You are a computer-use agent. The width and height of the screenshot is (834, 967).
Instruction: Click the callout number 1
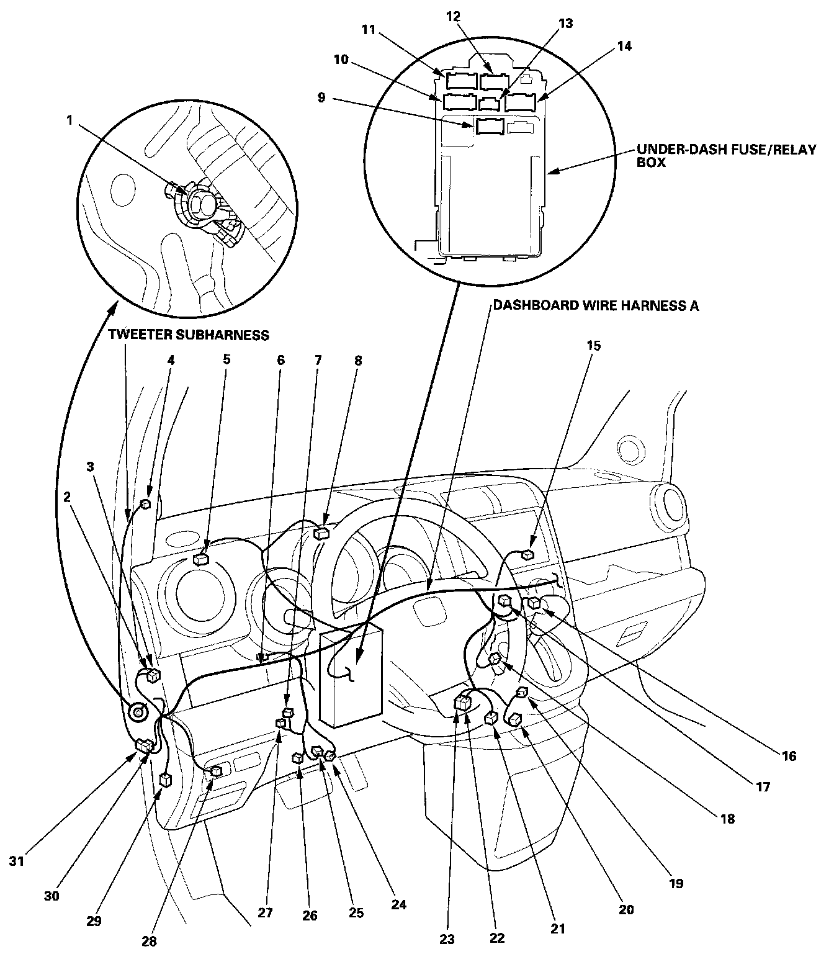(69, 120)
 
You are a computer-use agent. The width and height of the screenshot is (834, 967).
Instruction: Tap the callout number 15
(594, 345)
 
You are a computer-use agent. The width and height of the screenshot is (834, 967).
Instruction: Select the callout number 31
(17, 861)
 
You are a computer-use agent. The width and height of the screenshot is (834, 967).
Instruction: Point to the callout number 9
(321, 98)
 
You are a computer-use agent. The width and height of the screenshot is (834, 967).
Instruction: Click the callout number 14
(624, 46)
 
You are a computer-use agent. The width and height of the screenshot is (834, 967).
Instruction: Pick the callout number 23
(447, 939)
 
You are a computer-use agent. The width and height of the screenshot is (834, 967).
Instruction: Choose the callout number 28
(149, 942)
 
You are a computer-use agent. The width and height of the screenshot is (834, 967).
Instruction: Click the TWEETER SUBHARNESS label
(189, 335)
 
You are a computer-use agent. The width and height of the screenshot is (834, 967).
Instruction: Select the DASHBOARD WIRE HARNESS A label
(596, 305)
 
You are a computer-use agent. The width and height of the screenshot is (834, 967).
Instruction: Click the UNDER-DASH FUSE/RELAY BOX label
(727, 156)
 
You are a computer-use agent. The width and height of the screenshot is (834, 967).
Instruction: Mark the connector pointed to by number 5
(200, 559)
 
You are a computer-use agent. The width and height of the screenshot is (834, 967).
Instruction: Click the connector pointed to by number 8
(321, 533)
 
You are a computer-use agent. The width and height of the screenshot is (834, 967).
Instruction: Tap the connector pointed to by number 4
(145, 504)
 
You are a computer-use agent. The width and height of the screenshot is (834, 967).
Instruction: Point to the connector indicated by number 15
(527, 555)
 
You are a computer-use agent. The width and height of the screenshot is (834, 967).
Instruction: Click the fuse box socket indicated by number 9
(490, 127)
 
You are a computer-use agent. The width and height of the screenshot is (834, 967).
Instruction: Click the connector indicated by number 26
(297, 758)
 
